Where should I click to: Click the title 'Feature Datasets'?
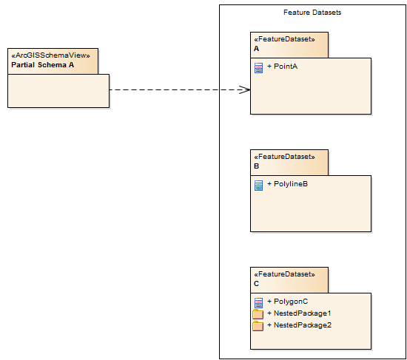point(312,13)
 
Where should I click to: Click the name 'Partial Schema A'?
point(43,65)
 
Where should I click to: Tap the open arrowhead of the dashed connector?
point(245,90)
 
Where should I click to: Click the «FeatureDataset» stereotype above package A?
point(284,39)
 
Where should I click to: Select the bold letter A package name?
point(257,49)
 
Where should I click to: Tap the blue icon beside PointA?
point(258,68)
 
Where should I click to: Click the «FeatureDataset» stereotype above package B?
point(284,157)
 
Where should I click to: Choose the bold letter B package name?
point(257,166)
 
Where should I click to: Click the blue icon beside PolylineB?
point(258,186)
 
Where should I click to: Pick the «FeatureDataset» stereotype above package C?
point(284,274)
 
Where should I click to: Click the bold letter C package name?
point(257,284)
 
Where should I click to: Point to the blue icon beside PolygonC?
point(258,303)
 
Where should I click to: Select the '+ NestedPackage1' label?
point(294,313)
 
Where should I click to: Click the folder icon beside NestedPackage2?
point(258,326)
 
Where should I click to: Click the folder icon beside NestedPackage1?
point(258,314)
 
